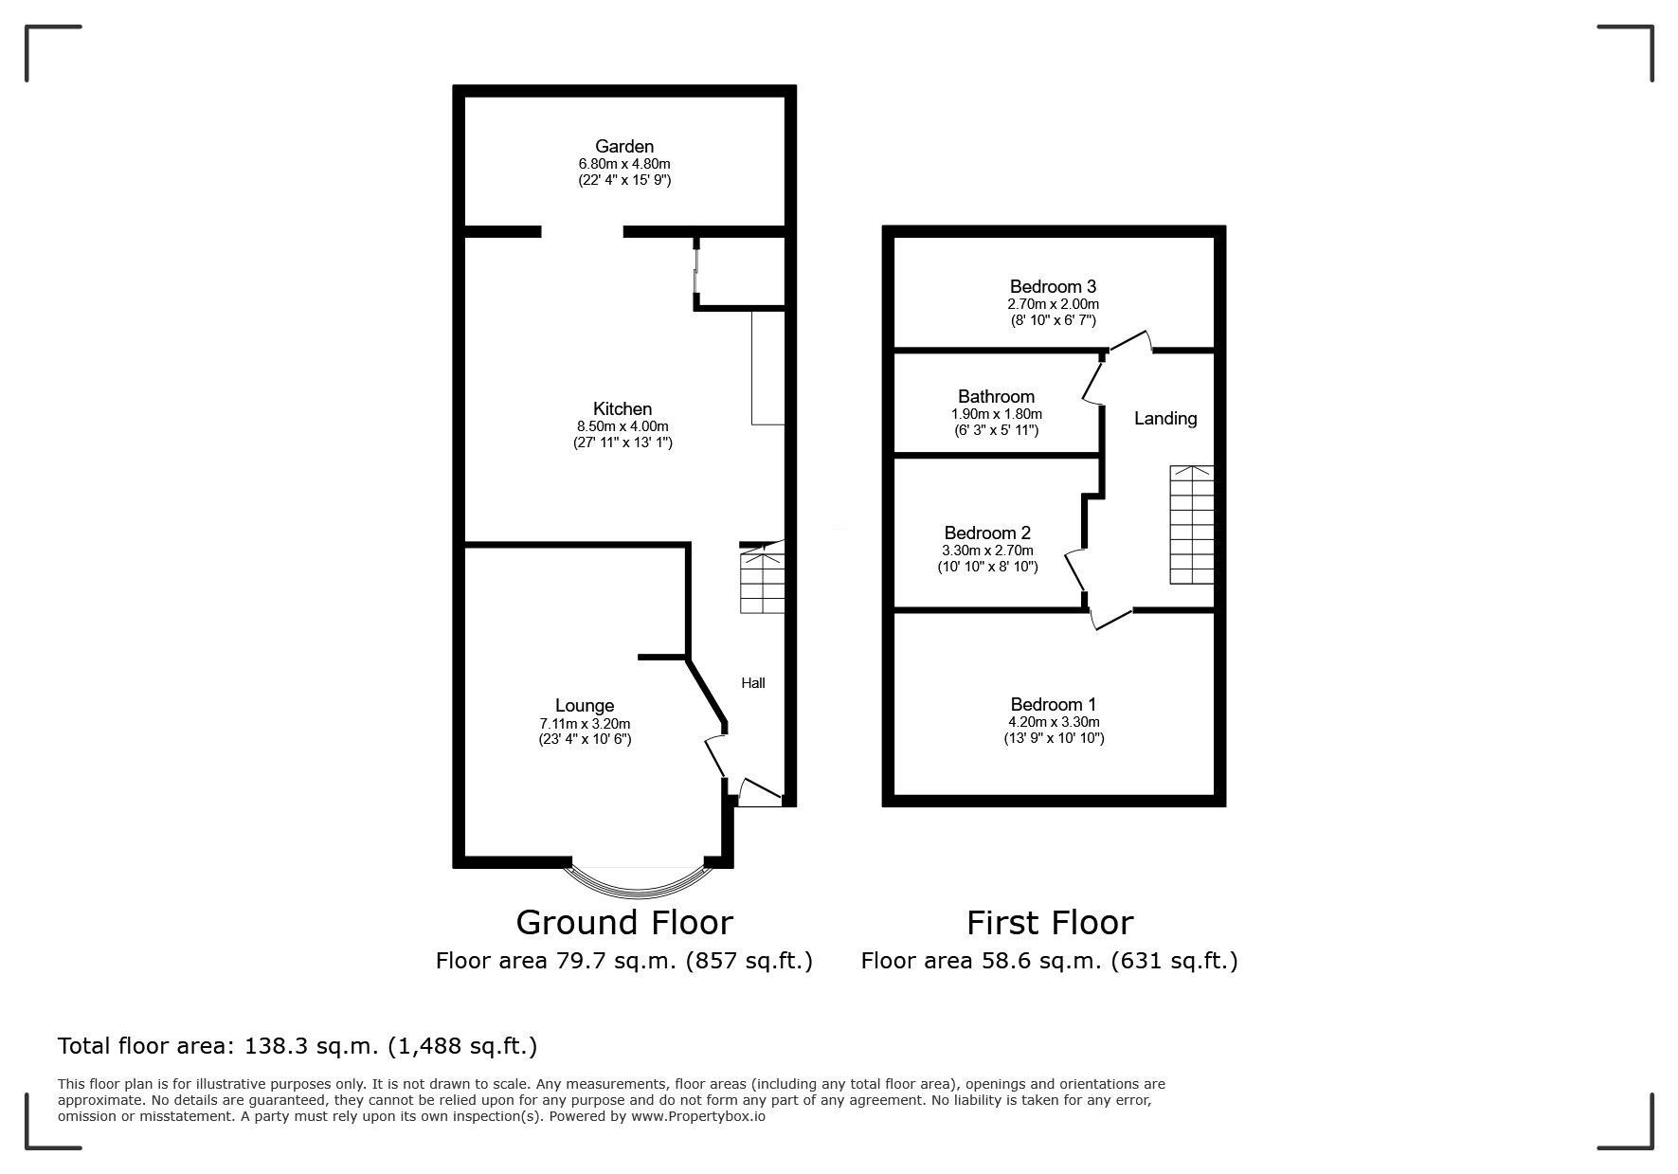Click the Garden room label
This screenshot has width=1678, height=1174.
(624, 146)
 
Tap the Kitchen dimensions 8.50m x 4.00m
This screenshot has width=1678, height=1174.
(622, 426)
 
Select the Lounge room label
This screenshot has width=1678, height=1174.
(585, 705)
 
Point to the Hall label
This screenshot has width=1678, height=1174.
(753, 683)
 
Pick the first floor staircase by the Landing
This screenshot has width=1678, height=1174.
(1192, 525)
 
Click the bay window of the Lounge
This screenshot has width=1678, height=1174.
(640, 879)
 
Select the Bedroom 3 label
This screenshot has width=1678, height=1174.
(1053, 286)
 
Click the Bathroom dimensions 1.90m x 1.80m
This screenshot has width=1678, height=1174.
(997, 414)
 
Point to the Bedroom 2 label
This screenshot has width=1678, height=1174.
(987, 533)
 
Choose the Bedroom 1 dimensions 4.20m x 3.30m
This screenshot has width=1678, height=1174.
(1054, 722)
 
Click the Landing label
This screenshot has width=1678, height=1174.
(1165, 418)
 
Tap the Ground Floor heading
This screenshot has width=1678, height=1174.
(624, 922)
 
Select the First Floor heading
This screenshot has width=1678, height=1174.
(1050, 922)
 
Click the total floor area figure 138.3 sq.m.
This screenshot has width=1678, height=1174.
(311, 1046)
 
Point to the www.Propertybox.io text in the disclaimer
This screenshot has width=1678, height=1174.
(698, 1116)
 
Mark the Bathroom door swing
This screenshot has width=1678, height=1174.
(1094, 381)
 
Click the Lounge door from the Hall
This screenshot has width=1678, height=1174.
(715, 755)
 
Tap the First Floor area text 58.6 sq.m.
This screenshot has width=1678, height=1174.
(1039, 961)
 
